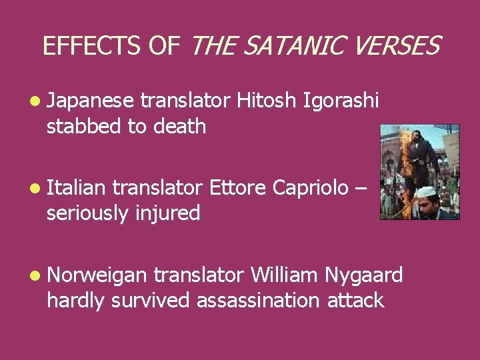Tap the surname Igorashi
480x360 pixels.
click(341, 101)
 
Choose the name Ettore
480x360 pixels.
click(238, 189)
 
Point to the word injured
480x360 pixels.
click(167, 213)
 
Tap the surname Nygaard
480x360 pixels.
click(364, 275)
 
